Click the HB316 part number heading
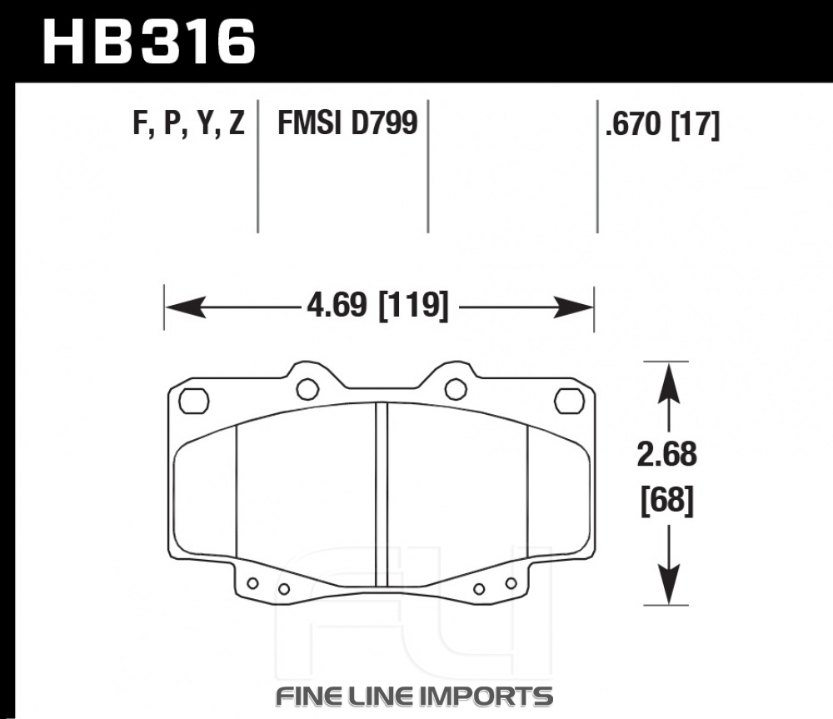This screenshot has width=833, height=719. tap(149, 42)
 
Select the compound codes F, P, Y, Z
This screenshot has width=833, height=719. tap(188, 124)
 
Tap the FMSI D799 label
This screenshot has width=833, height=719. tap(348, 122)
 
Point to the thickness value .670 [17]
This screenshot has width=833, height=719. tap(662, 125)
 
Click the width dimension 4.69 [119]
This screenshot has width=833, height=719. tap(377, 306)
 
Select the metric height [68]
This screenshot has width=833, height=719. tap(667, 501)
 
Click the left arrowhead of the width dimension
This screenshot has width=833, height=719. tap(185, 307)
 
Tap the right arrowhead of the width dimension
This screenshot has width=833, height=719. tap(573, 307)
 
